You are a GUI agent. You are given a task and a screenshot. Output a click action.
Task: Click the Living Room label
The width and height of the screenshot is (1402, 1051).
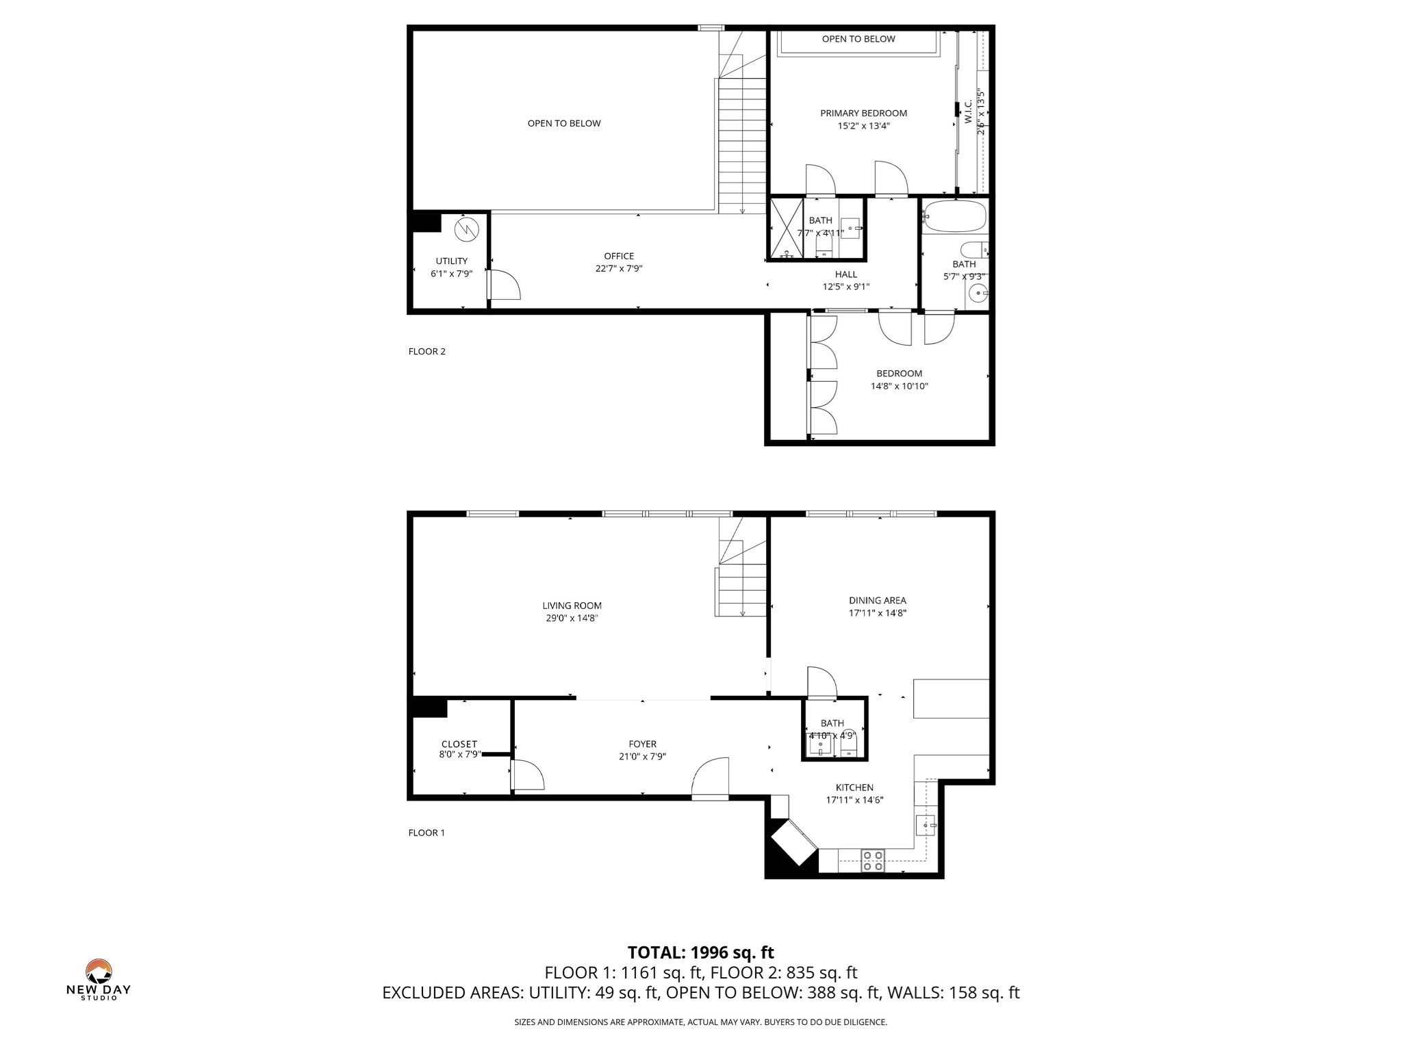(x=572, y=606)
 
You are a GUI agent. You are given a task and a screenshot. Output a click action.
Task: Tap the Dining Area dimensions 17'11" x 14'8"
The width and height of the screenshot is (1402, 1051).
(x=878, y=613)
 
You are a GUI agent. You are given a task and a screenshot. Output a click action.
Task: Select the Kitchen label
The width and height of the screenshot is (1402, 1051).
(x=854, y=788)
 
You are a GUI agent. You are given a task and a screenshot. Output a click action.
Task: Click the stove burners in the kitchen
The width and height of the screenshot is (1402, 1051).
(x=872, y=860)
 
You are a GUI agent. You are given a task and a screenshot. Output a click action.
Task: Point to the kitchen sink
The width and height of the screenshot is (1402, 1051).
(x=926, y=825)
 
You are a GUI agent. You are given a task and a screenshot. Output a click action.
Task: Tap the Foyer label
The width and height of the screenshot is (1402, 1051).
(x=642, y=744)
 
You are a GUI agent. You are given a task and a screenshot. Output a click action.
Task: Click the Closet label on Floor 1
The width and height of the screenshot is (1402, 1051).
(x=459, y=744)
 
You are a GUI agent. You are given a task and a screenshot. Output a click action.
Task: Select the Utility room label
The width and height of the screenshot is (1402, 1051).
(x=452, y=261)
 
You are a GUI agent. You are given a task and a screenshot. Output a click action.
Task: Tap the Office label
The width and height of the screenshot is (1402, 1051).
(x=619, y=256)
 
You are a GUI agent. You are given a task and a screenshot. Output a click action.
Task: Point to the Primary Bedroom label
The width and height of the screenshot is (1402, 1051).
(x=864, y=113)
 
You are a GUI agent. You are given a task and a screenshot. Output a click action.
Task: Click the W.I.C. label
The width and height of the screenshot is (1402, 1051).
(x=968, y=112)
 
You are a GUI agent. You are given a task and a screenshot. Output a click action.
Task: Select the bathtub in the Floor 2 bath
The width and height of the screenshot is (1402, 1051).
(x=954, y=216)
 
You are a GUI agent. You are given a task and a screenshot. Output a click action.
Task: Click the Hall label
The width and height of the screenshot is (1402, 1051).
(x=846, y=274)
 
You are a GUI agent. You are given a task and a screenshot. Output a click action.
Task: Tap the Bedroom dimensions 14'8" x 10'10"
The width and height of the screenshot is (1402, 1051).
(x=900, y=386)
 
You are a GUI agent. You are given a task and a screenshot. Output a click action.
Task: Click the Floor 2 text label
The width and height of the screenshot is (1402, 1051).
(x=426, y=351)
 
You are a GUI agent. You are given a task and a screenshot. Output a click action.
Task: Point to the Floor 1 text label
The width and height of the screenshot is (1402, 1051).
(x=426, y=833)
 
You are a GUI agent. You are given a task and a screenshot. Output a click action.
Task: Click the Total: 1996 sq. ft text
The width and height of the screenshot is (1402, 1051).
(x=701, y=952)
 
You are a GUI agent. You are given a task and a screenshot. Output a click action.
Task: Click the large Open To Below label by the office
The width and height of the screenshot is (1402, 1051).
(x=564, y=123)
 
